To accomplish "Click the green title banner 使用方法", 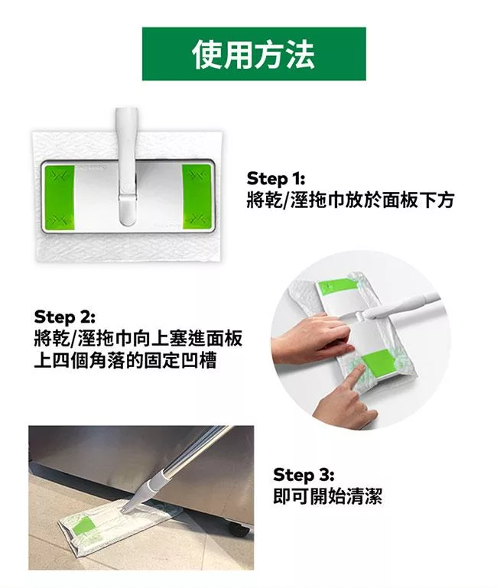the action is (254, 54).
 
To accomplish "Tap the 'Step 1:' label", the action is (276, 178).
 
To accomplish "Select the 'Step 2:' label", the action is (64, 317).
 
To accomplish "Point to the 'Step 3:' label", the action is (304, 475).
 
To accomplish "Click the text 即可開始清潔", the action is (327, 496).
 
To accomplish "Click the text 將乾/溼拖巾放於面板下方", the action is (350, 200).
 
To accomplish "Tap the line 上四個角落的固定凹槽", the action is (125, 360).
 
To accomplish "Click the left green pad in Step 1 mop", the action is (60, 197).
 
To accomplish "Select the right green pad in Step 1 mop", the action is (197, 197).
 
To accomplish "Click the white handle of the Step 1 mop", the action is (127, 167).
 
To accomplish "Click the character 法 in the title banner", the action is (300, 54).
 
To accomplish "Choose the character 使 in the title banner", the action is (208, 54).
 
